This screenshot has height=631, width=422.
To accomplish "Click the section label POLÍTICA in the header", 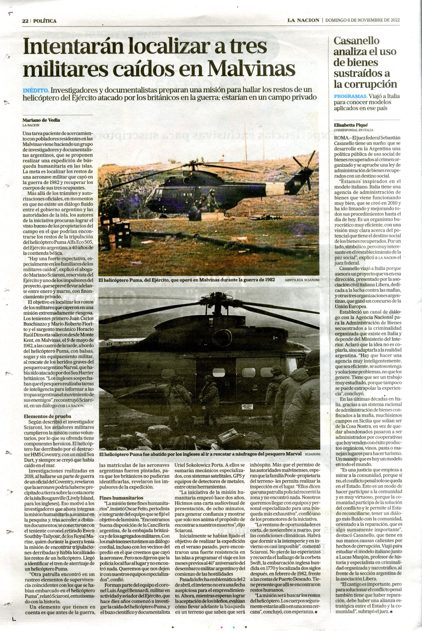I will (45, 21).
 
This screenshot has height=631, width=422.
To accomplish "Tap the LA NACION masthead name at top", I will (303, 20).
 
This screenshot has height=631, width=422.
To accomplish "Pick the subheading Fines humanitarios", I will (121, 498).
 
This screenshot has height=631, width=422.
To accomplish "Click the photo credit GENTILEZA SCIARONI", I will (302, 280).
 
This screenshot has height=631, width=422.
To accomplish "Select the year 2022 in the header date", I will (394, 20).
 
